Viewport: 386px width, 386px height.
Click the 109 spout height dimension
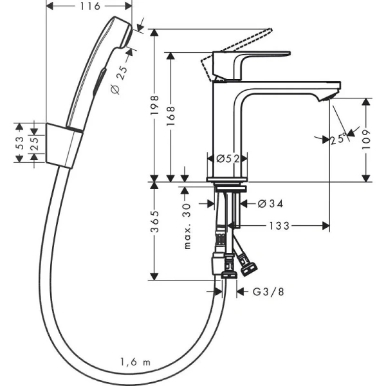[x=366, y=138]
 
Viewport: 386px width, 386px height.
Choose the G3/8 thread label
[x=267, y=291]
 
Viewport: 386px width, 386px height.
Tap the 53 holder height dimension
[x=20, y=142]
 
